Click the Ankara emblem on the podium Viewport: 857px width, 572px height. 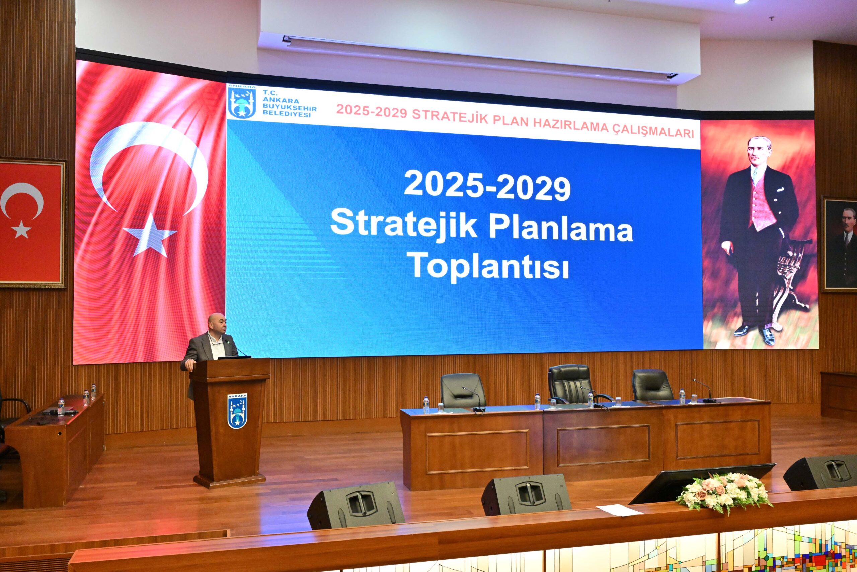[x=238, y=411]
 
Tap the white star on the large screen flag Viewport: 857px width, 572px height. [x=150, y=235]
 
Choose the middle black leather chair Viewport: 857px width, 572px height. [x=569, y=384]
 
